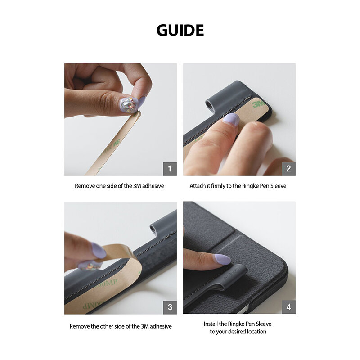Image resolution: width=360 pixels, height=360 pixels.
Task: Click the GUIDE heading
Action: (180, 30)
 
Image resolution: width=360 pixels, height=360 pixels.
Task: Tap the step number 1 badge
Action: (170, 169)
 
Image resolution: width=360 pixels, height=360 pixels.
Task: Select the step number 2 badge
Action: (288, 169)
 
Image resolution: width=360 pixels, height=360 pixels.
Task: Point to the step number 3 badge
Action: (170, 307)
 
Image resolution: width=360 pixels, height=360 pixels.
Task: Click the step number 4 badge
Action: (288, 307)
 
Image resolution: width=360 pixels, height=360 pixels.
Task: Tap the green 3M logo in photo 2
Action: (258, 104)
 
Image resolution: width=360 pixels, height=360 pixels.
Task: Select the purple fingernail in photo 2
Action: (231, 119)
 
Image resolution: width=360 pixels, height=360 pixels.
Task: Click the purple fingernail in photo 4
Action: (222, 259)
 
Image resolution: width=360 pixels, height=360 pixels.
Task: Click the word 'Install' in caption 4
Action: (212, 324)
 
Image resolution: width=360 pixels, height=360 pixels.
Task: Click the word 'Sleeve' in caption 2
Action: (278, 186)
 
